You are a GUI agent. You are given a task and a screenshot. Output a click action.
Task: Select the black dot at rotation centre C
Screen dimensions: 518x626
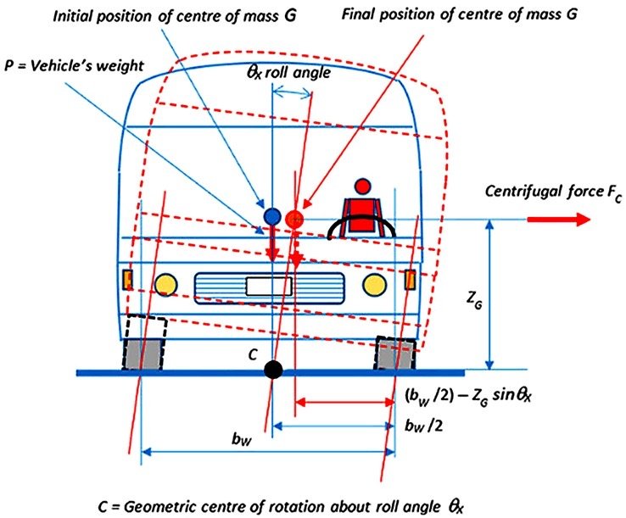pyautogui.click(x=272, y=370)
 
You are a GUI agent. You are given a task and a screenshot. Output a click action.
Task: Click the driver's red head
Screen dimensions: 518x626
pyautogui.click(x=363, y=186)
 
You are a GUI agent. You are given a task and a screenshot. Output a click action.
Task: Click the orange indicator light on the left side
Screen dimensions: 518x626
pyautogui.click(x=129, y=278)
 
